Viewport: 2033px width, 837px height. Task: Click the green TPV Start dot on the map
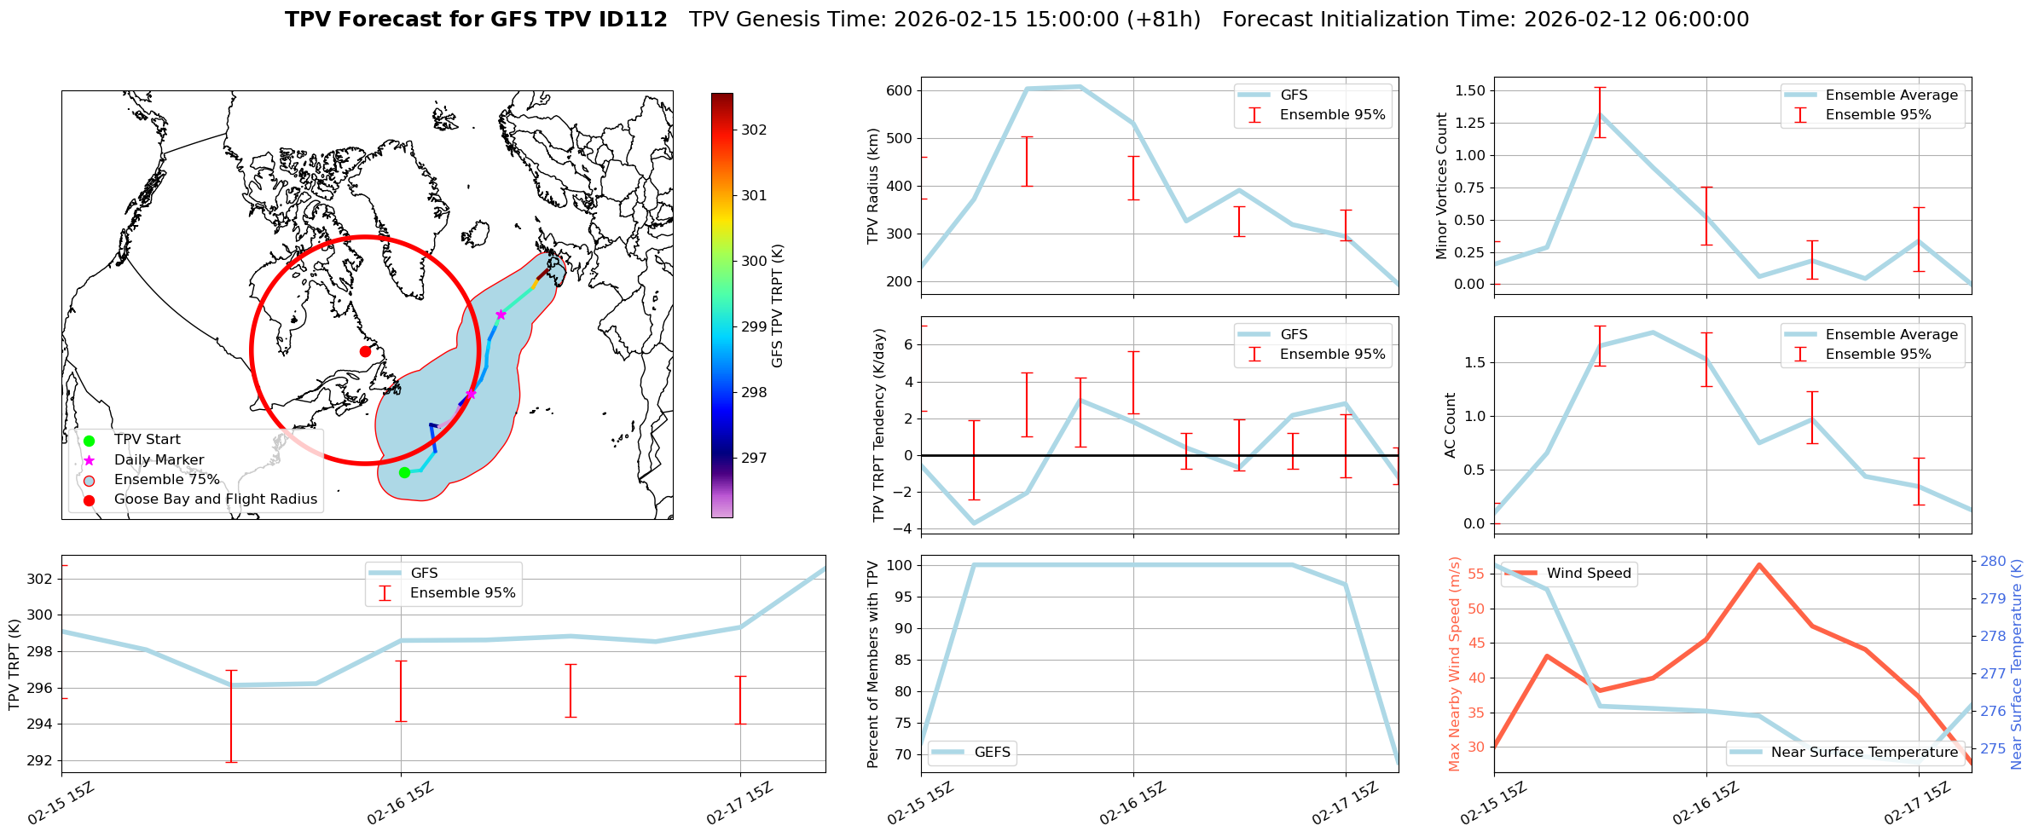point(404,472)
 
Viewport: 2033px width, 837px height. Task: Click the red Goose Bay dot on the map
point(365,351)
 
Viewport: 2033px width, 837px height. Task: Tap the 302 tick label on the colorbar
point(754,130)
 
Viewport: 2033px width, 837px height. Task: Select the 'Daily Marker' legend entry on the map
point(159,460)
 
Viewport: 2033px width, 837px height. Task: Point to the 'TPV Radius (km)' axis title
point(872,186)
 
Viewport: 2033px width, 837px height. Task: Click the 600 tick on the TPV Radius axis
point(901,90)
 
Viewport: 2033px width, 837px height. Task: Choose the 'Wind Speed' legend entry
point(1588,574)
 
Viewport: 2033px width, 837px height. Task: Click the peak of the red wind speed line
point(1758,565)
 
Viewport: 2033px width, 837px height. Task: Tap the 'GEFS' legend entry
point(992,753)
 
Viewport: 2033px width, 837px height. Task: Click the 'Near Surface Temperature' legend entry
point(1864,753)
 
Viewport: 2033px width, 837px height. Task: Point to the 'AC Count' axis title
point(1450,425)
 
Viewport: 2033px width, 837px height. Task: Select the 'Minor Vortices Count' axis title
point(1442,186)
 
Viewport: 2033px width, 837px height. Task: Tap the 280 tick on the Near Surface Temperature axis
point(1993,561)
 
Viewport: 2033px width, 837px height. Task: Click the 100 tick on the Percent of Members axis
point(901,565)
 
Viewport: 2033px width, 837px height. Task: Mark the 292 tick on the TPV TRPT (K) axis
point(40,760)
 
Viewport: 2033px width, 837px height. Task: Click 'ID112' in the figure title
point(633,20)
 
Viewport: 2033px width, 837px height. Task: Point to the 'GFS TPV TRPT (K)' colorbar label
point(778,306)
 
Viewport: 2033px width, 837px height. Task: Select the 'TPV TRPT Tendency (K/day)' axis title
point(879,425)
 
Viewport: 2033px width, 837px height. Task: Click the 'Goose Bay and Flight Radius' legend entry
point(215,499)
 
